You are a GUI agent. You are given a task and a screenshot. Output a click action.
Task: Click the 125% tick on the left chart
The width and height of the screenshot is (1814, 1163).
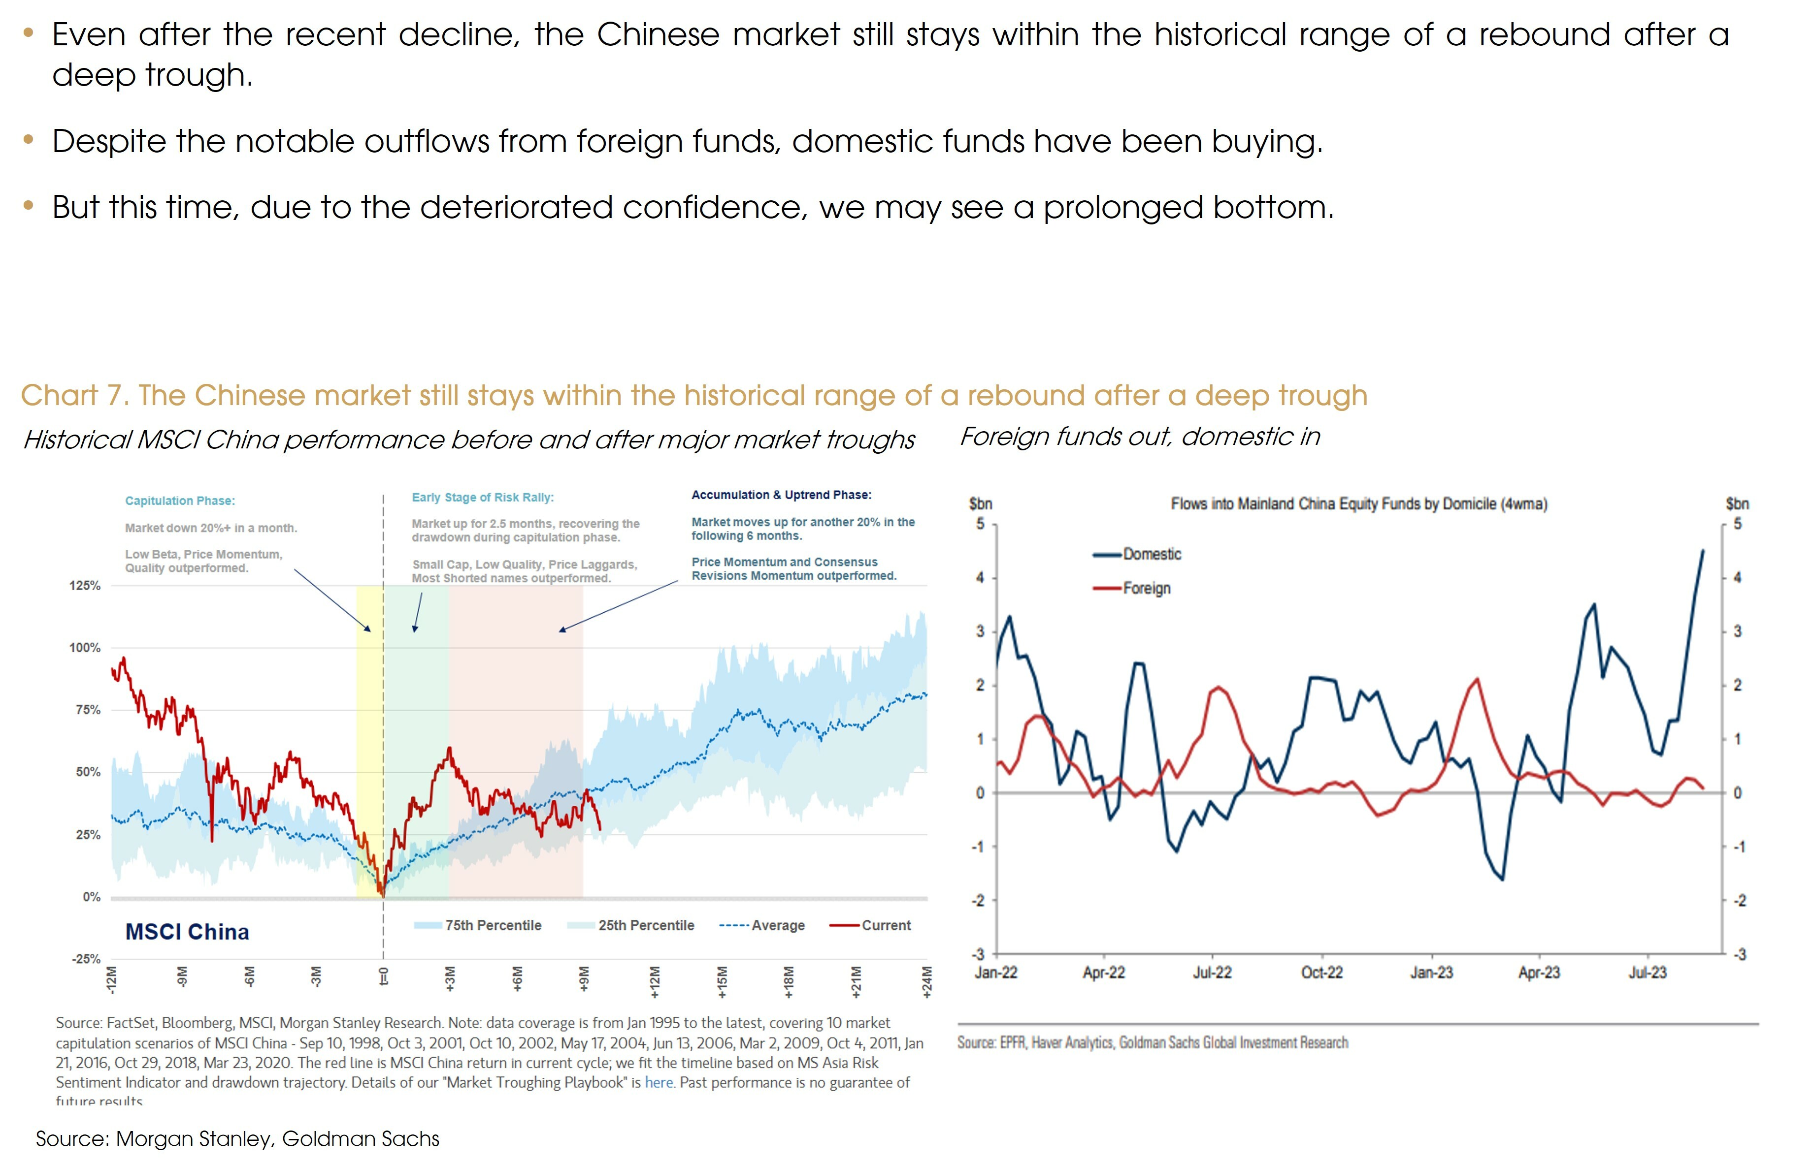coord(85,586)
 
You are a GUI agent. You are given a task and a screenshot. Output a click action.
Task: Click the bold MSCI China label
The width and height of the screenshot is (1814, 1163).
coord(187,932)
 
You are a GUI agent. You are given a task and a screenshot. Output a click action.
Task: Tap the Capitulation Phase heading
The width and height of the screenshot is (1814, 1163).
coord(180,501)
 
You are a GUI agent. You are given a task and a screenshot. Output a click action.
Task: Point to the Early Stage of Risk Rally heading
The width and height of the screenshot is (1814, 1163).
coord(482,497)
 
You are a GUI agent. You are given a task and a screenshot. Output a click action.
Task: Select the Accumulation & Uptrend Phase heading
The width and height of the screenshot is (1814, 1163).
coord(781,495)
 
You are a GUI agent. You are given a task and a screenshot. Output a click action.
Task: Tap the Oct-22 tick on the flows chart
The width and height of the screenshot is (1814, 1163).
coord(1321,973)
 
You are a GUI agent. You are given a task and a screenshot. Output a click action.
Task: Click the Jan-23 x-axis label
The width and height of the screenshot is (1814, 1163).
coord(1431,973)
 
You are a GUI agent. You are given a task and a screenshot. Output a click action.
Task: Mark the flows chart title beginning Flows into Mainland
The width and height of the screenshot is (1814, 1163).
coord(1358,503)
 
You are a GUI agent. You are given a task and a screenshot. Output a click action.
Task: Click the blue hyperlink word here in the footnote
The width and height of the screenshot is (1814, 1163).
coord(659,1082)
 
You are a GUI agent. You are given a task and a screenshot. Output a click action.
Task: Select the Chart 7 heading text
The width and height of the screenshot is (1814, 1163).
coord(693,395)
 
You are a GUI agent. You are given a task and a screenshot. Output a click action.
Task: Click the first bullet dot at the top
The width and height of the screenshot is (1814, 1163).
coord(29,33)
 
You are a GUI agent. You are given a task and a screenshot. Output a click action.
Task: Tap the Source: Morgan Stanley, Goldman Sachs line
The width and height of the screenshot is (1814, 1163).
coord(237,1138)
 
